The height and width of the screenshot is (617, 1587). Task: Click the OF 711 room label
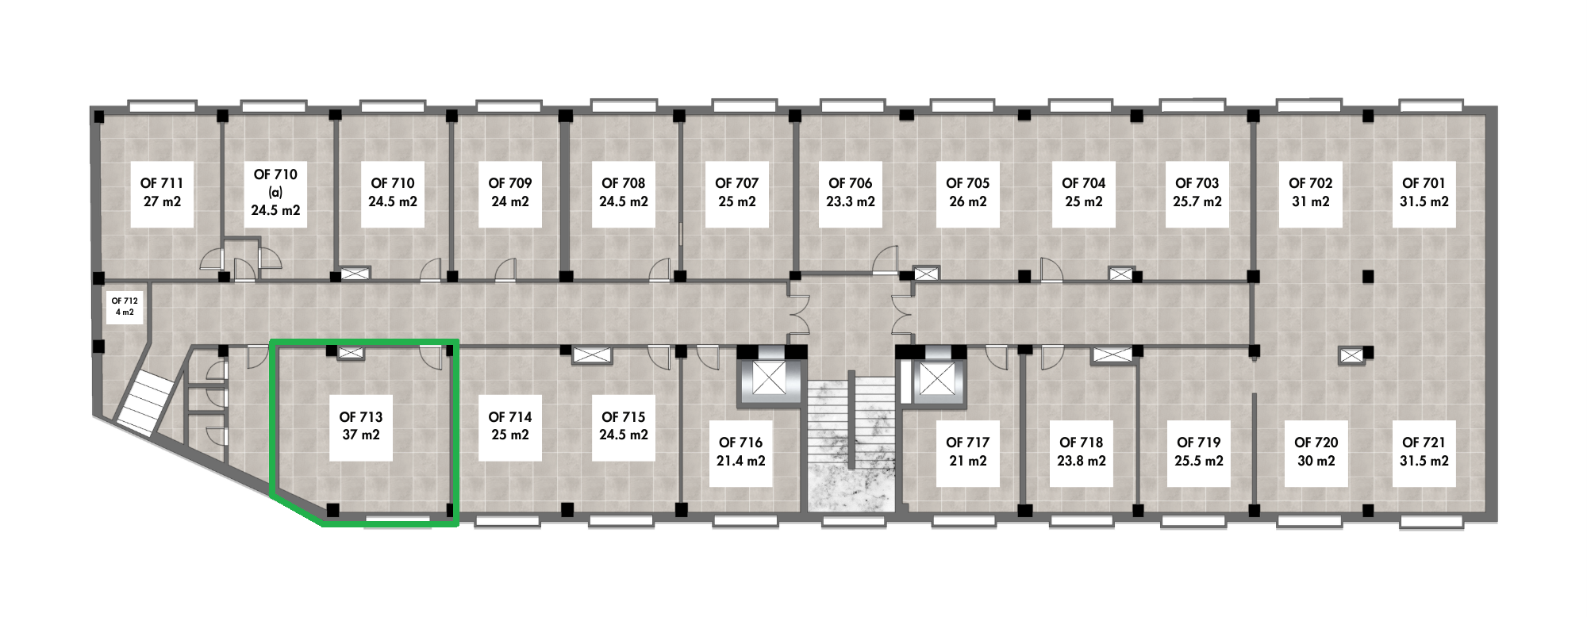(x=162, y=193)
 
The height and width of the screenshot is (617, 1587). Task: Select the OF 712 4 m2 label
(x=125, y=306)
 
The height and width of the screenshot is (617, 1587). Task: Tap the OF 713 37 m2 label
(x=361, y=426)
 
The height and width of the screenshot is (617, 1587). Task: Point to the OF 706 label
(x=851, y=183)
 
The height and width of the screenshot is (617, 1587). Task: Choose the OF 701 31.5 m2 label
(x=1424, y=193)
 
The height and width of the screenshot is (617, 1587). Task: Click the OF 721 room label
(x=1424, y=452)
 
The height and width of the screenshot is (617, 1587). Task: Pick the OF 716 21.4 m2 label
(x=741, y=452)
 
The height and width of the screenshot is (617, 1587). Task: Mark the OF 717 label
(x=968, y=443)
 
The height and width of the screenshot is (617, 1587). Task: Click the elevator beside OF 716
(x=768, y=379)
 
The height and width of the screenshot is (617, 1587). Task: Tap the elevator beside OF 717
(x=936, y=379)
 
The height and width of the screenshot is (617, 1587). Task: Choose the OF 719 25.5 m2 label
(x=1199, y=452)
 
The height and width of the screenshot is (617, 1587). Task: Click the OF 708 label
(x=624, y=183)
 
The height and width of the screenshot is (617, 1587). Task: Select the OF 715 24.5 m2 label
(x=624, y=426)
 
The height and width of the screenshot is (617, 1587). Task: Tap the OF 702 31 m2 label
(x=1311, y=193)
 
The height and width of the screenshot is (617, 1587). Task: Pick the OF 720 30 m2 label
(x=1316, y=452)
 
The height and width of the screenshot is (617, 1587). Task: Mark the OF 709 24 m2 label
(x=510, y=193)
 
